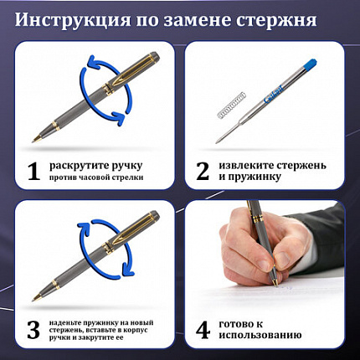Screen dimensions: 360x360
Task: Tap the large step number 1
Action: pyautogui.click(x=33, y=171)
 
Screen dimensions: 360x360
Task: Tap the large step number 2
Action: pyautogui.click(x=203, y=171)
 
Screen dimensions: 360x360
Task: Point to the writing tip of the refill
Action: pyautogui.click(x=219, y=138)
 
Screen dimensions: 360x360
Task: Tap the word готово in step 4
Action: pyautogui.click(x=238, y=324)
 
